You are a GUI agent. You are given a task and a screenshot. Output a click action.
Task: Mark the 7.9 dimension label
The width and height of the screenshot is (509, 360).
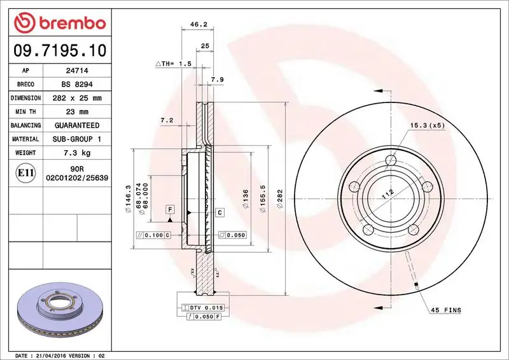point(217,80)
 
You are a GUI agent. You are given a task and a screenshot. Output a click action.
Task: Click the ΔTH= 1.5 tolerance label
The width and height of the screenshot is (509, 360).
point(174,64)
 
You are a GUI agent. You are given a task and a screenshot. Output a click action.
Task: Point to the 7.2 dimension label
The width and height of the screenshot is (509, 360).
point(167,120)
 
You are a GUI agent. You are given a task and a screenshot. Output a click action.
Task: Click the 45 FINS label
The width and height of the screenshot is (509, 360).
point(446,310)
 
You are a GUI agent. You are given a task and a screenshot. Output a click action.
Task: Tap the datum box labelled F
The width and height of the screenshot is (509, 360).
point(170,209)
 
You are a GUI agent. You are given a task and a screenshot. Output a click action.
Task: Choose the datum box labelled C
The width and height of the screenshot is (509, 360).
point(220,212)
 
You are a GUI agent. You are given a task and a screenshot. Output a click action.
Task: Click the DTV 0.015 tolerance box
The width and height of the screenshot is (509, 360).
point(202,308)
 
